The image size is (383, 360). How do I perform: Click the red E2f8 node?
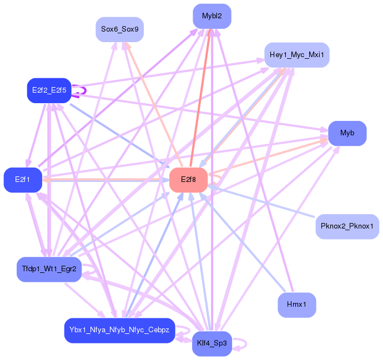(x=188, y=180)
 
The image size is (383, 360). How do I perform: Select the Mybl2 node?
(x=212, y=16)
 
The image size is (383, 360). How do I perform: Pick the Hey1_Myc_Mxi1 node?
(x=296, y=55)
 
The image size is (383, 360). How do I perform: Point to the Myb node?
(x=347, y=133)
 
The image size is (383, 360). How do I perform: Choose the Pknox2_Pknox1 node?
(x=347, y=226)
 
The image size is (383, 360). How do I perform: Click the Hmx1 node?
(x=296, y=305)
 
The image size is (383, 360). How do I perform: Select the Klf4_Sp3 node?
(x=211, y=343)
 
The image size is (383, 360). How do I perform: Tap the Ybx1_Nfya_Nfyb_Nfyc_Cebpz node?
(x=119, y=331)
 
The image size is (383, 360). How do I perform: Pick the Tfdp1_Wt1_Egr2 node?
(x=49, y=269)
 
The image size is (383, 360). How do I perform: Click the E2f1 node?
(x=23, y=180)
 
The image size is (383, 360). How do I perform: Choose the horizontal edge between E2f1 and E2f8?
(x=105, y=180)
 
